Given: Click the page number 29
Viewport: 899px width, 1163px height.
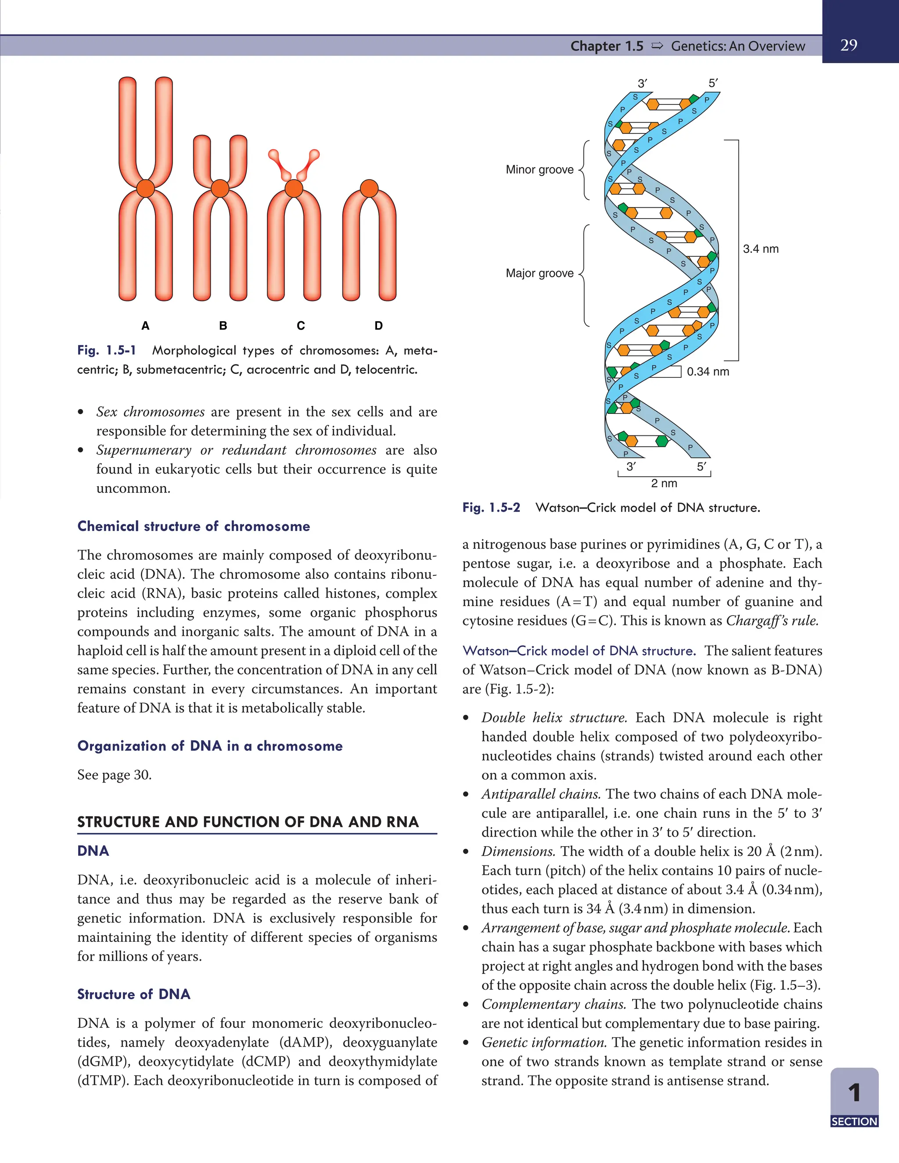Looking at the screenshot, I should tap(849, 45).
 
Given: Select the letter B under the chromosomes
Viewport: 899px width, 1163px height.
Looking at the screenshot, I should tap(223, 325).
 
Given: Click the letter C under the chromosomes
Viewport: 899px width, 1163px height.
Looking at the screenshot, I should tap(301, 325).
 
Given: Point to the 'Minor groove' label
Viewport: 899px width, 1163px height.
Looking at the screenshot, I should tap(539, 169).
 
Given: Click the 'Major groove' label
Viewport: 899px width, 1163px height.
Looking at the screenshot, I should tap(539, 273).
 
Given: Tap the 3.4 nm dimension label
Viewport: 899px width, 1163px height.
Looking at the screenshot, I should tap(761, 249).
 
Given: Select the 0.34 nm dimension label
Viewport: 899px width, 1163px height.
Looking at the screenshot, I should tap(708, 372).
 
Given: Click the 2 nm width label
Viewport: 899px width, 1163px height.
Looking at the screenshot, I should tap(664, 483).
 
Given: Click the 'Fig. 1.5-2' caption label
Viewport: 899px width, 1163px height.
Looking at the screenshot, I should tap(491, 507).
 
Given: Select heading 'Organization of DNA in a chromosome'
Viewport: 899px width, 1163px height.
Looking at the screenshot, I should tap(210, 746).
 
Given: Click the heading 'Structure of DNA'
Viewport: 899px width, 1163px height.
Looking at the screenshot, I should tap(134, 994).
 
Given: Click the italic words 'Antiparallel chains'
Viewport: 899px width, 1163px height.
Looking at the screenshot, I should tap(541, 794).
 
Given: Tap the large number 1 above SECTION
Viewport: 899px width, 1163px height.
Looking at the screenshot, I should tap(854, 1093).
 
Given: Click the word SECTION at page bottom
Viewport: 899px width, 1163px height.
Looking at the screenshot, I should tap(854, 1121).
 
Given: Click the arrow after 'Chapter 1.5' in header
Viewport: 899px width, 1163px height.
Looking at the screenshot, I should tap(657, 46).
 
